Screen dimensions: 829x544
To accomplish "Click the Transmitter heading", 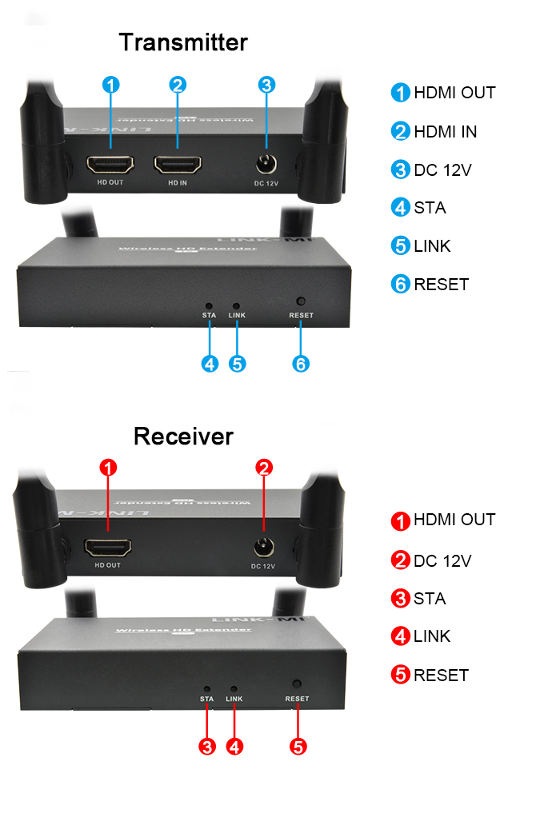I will [x=183, y=42].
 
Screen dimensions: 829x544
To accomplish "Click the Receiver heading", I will [x=183, y=436].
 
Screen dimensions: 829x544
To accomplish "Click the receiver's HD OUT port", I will [x=108, y=548].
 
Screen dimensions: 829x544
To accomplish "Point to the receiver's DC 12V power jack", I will [x=262, y=548].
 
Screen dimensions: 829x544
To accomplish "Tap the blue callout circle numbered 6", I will [x=301, y=364].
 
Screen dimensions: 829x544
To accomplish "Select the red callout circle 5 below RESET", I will [x=298, y=747].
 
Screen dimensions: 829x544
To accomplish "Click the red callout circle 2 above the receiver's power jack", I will [x=264, y=468].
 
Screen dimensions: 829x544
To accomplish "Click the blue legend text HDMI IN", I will [x=445, y=132].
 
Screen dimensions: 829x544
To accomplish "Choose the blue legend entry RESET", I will [x=441, y=285].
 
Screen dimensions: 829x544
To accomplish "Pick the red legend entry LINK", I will [x=432, y=637].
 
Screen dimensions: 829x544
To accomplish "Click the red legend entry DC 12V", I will [x=442, y=561].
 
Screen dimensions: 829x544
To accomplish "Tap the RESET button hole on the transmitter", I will [x=301, y=301].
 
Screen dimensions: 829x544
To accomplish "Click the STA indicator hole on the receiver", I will [x=207, y=688].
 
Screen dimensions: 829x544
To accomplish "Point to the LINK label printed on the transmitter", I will [x=237, y=316].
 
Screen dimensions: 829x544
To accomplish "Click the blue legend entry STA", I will [x=430, y=208].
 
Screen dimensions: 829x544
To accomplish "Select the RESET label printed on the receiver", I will [x=297, y=699].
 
